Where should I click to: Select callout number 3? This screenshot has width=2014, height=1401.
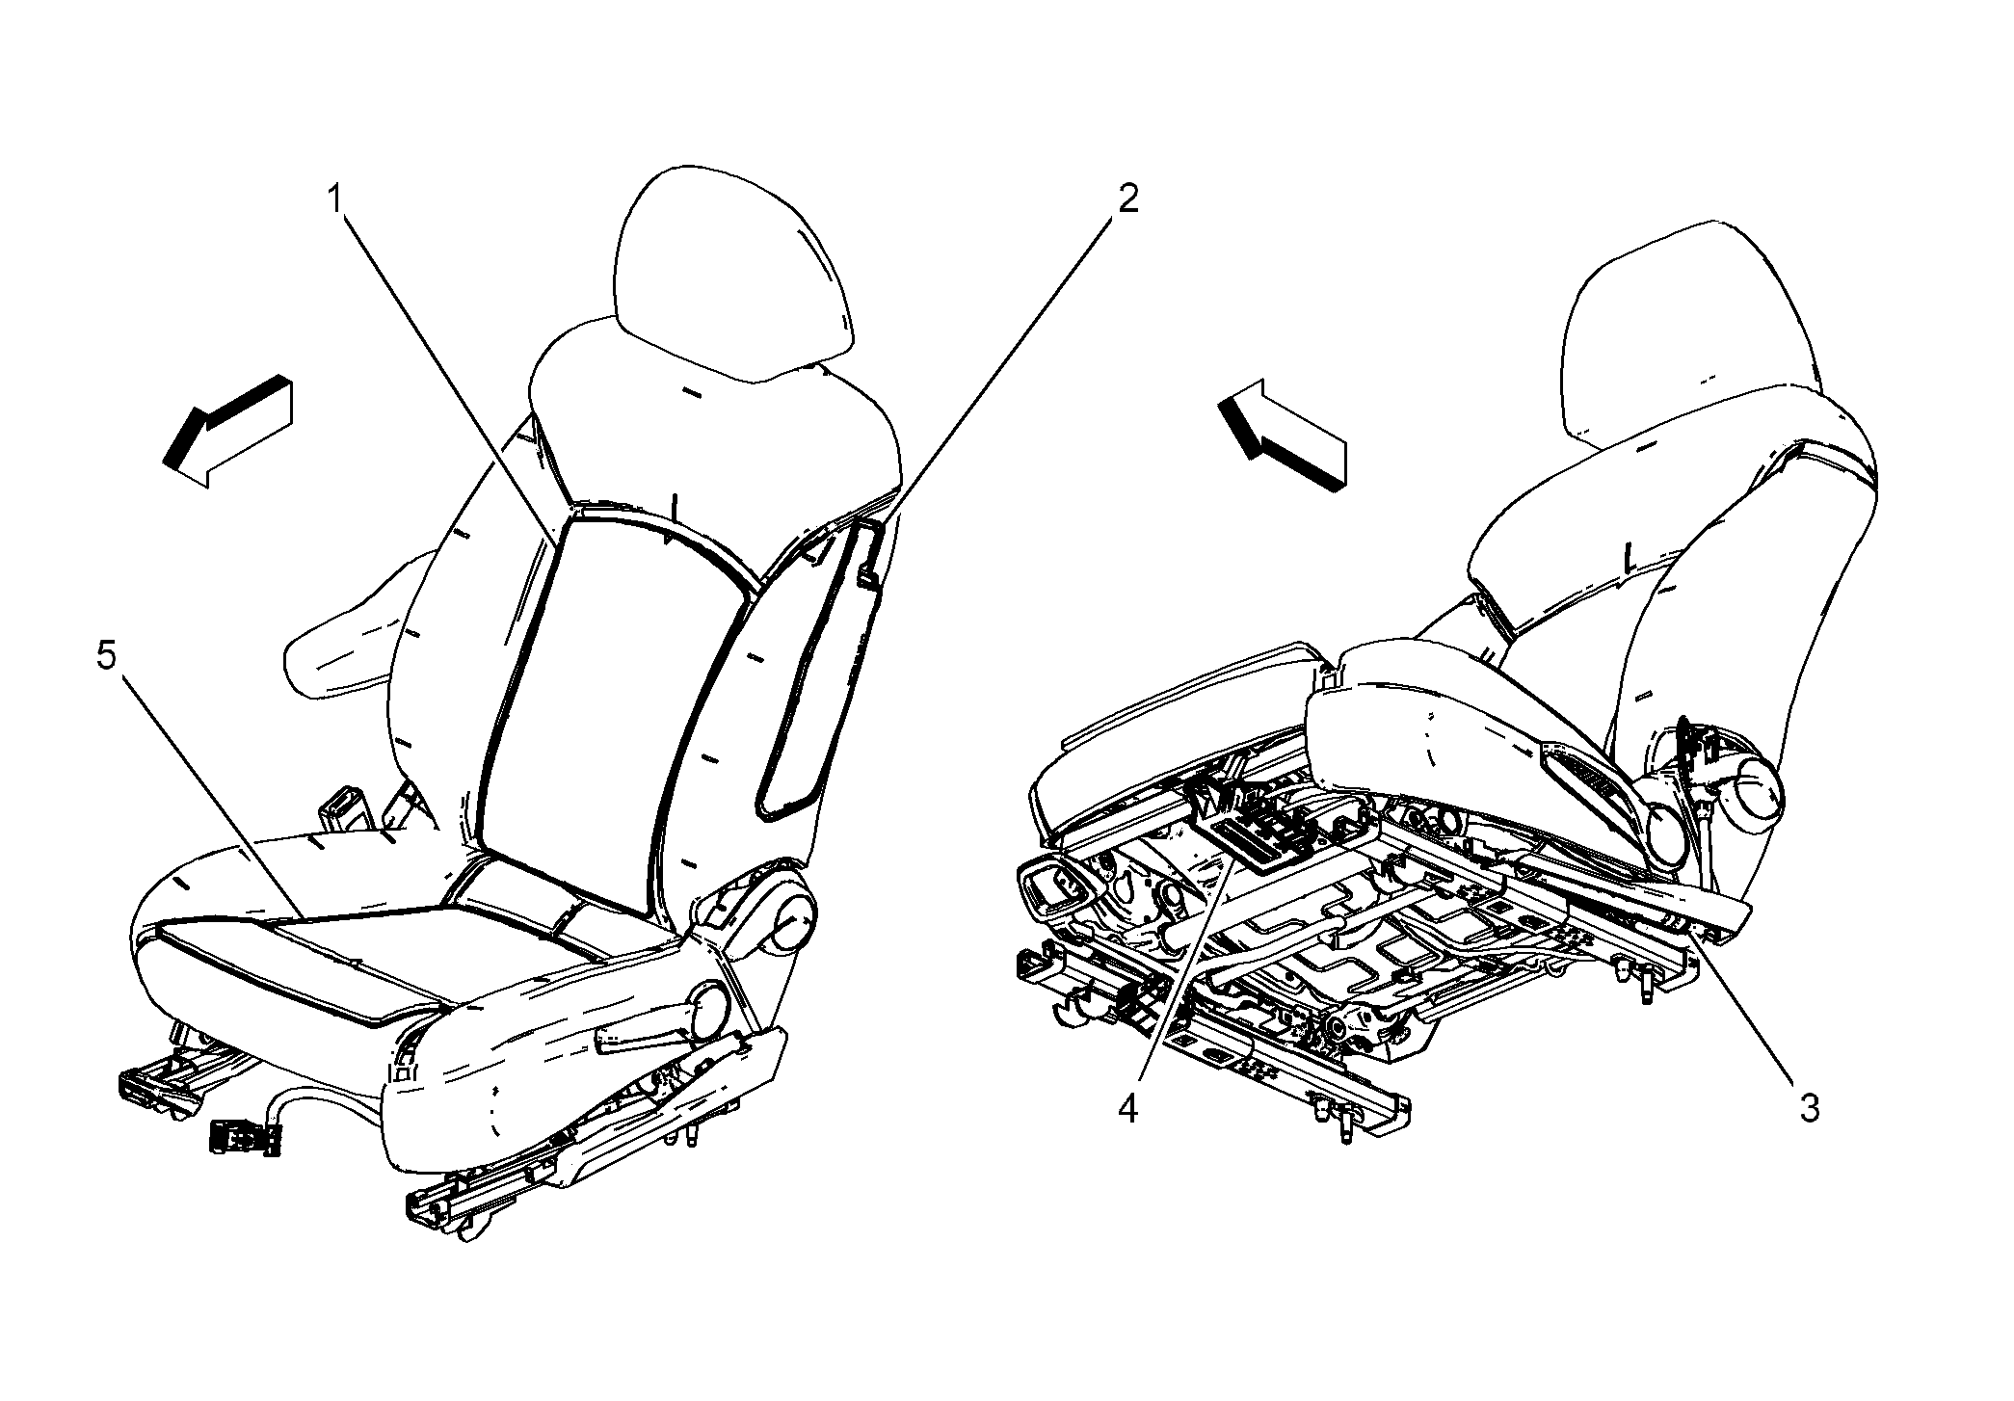click(1810, 1108)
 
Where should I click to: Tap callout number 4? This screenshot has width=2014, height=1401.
click(1127, 1108)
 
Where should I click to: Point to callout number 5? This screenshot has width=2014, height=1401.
click(106, 658)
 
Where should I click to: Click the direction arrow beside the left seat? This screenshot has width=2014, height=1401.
click(227, 431)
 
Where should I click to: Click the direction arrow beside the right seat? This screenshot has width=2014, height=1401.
click(1282, 436)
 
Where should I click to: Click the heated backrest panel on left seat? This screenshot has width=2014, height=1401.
click(617, 713)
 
